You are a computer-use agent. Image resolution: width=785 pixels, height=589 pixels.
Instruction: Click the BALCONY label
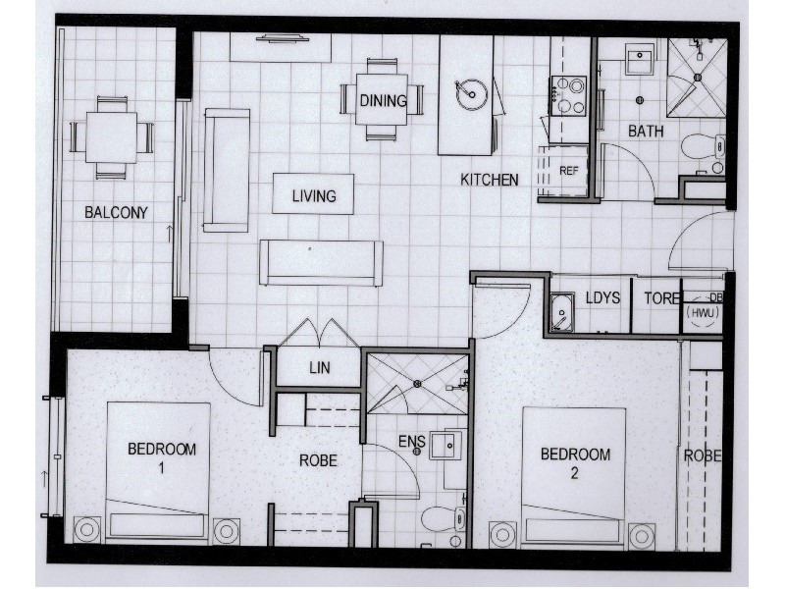pyautogui.click(x=116, y=212)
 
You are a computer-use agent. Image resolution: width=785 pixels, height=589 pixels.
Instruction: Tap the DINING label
pyautogui.click(x=382, y=99)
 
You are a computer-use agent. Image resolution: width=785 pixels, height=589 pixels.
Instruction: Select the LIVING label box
pyautogui.click(x=314, y=195)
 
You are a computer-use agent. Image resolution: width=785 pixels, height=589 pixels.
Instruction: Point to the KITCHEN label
pyautogui.click(x=490, y=180)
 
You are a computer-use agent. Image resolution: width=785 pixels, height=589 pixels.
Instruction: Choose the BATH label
pyautogui.click(x=646, y=131)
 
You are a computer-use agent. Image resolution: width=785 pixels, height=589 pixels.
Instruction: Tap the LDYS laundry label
pyautogui.click(x=602, y=297)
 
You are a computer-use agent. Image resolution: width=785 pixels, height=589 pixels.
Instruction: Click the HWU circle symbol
pyautogui.click(x=703, y=312)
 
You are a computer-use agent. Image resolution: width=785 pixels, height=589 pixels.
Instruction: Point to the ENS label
pyautogui.click(x=411, y=442)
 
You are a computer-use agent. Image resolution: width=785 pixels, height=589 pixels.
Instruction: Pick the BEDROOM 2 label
pyautogui.click(x=576, y=462)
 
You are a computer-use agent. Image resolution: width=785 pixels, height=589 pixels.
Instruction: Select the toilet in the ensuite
pyautogui.click(x=438, y=519)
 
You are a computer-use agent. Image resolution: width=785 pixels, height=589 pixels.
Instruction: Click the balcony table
pyautogui.click(x=111, y=137)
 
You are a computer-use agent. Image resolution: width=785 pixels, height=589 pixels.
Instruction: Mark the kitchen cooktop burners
pyautogui.click(x=568, y=96)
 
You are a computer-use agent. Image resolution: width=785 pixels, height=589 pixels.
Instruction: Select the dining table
pyautogui.click(x=382, y=99)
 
